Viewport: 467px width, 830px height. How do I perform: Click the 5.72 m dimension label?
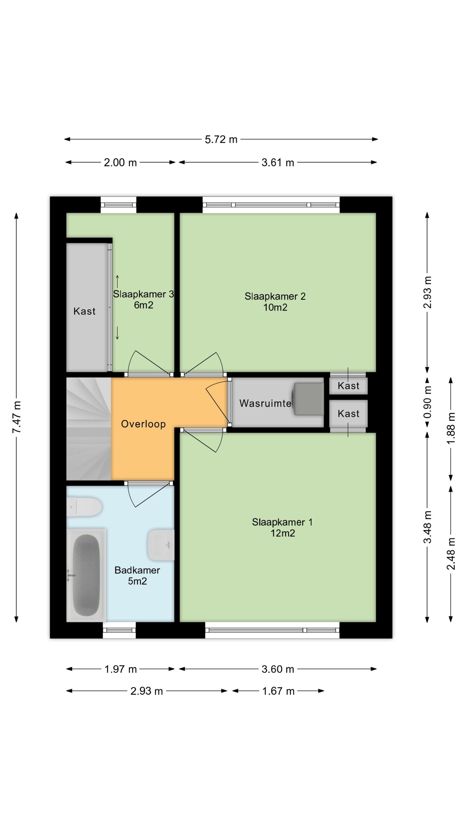(x=221, y=139)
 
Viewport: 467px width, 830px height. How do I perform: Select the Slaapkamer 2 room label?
(x=275, y=302)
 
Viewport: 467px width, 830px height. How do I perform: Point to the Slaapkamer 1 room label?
(x=282, y=528)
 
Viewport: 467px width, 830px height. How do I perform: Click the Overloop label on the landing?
(x=143, y=424)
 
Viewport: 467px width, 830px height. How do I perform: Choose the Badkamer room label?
(x=137, y=575)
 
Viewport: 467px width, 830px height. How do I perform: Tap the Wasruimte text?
(x=265, y=403)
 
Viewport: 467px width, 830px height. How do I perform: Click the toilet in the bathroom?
(x=84, y=507)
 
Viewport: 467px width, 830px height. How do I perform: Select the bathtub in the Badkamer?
(x=86, y=575)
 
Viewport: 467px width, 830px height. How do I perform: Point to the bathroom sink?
(x=161, y=545)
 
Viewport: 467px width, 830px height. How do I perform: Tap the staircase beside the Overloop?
(x=89, y=429)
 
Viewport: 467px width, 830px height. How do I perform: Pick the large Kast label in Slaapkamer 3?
(x=84, y=311)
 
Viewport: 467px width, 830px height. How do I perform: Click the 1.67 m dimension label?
(x=278, y=691)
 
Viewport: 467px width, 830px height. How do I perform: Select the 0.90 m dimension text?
(x=428, y=402)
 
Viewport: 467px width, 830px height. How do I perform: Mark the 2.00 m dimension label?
(x=120, y=162)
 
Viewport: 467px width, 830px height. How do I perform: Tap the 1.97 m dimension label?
(x=121, y=669)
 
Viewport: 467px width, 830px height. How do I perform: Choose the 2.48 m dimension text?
(x=451, y=553)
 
